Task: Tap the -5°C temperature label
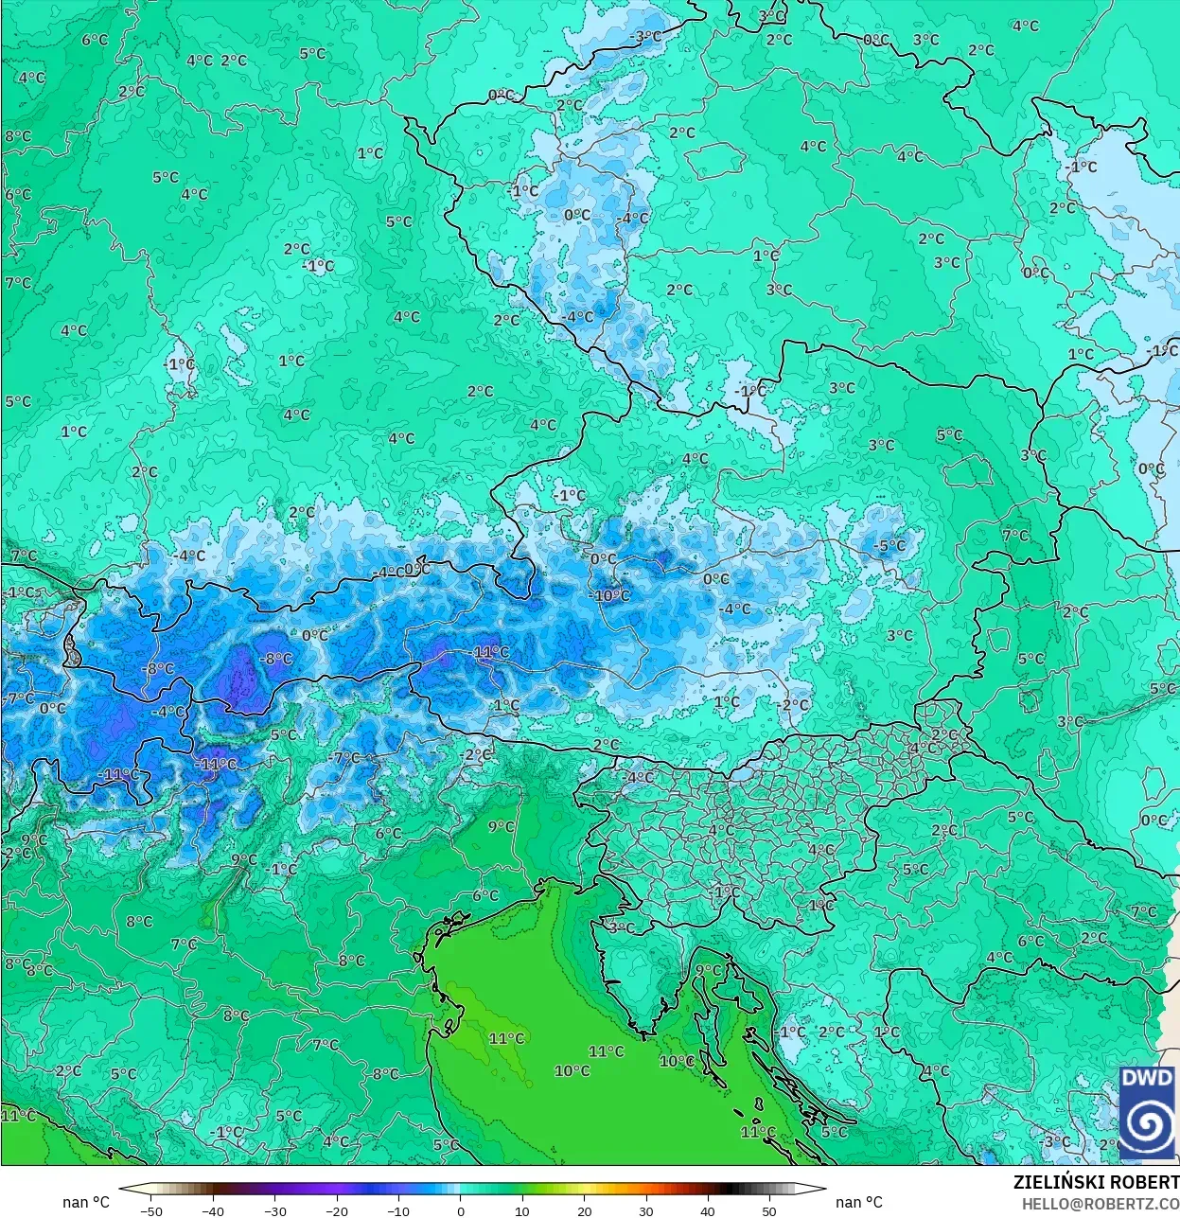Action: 889,546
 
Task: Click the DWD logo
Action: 1147,1113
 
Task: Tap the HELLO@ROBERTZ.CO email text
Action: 1101,1204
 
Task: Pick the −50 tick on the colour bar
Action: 150,1210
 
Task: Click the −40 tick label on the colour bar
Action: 213,1210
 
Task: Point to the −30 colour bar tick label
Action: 274,1210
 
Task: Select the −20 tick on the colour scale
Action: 336,1210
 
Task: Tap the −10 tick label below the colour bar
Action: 398,1210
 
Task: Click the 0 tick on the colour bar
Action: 461,1210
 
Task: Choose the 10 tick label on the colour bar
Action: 522,1210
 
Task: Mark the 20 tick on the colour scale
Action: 584,1210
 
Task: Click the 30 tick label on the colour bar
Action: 645,1210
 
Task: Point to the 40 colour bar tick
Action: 708,1210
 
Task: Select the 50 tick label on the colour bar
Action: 769,1210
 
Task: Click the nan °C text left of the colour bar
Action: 86,1202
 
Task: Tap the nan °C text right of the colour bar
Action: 859,1202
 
